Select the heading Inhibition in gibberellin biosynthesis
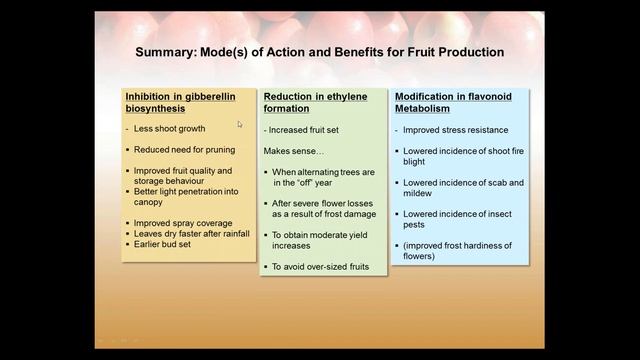pos(181,102)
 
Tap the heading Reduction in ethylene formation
pos(315,102)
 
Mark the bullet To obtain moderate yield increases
pos(321,239)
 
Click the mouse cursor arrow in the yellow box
pos(240,125)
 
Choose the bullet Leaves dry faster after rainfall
pos(189,233)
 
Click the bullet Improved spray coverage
pos(184,223)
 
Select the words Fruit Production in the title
pos(455,51)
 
